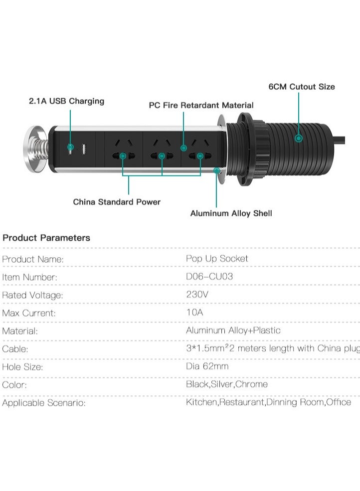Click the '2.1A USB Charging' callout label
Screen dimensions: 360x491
click(x=66, y=101)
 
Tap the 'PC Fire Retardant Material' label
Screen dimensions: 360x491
click(x=201, y=105)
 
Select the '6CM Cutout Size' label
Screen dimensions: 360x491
click(x=302, y=87)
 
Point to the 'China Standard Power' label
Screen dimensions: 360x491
click(x=117, y=202)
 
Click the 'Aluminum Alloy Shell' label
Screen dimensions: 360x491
click(x=231, y=213)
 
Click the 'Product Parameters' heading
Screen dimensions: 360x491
click(x=46, y=238)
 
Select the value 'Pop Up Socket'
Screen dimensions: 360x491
click(x=217, y=259)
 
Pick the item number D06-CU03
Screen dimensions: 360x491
click(x=209, y=277)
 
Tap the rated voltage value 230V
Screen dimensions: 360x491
click(x=197, y=294)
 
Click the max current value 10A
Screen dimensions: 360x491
click(x=194, y=312)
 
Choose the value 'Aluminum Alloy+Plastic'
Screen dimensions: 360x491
click(x=233, y=330)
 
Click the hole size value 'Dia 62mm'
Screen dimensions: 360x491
click(x=207, y=366)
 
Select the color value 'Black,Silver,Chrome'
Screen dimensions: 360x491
click(x=227, y=384)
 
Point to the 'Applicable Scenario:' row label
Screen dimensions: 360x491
click(x=44, y=403)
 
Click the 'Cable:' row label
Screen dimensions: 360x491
click(x=15, y=349)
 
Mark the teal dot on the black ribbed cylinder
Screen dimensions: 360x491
click(x=299, y=138)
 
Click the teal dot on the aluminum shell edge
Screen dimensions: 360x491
click(x=216, y=170)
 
